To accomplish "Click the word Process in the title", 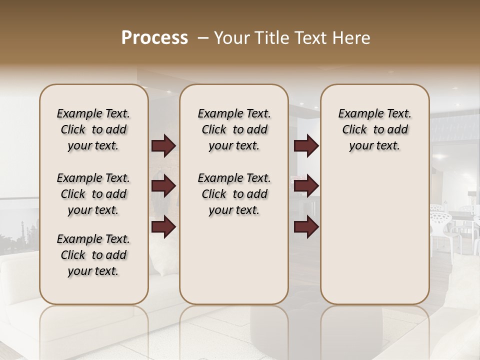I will tap(154, 38).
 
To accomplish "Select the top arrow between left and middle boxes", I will tap(163, 146).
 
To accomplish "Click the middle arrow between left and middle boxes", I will tap(163, 186).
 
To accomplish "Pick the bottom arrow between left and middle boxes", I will tap(163, 227).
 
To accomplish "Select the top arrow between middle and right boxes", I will tap(306, 146).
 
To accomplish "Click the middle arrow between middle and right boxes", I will tap(306, 186).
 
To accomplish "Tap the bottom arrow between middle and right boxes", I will tap(306, 227).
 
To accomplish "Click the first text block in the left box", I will tap(93, 129).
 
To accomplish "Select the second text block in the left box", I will tap(93, 194).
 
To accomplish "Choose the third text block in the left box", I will tap(93, 255).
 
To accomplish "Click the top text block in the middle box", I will tap(234, 129).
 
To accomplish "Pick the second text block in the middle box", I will tap(234, 194).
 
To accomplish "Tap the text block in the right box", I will tap(374, 129).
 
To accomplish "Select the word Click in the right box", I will tap(354, 130).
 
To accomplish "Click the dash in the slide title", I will tap(203, 38).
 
